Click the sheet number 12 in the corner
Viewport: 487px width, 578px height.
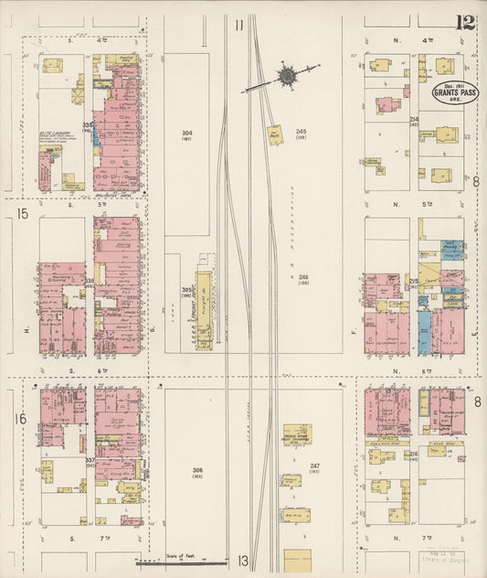coord(467,22)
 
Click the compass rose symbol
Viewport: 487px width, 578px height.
coord(287,76)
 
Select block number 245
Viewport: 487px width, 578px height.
coord(301,133)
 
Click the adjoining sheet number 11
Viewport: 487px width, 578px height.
coord(238,26)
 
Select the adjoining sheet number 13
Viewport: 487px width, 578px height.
coord(243,561)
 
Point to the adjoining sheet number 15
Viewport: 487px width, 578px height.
coord(22,214)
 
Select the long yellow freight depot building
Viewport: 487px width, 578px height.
coord(204,309)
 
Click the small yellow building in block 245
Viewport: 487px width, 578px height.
coord(273,133)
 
